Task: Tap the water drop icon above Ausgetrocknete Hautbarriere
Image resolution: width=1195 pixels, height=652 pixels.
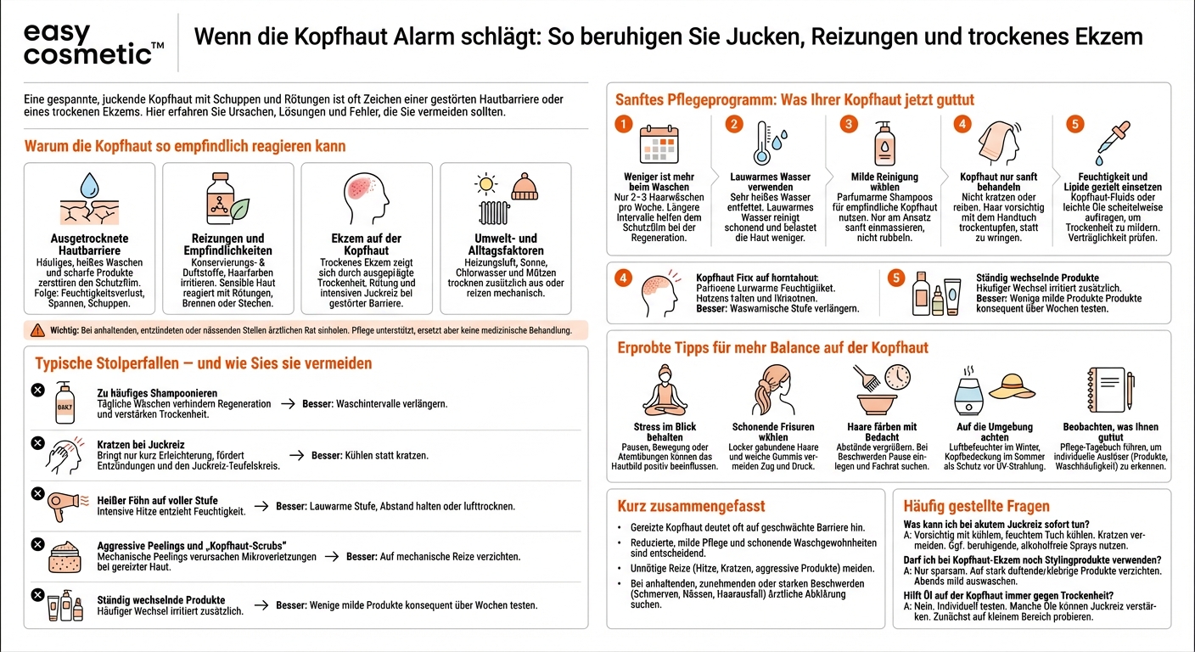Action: [x=89, y=185]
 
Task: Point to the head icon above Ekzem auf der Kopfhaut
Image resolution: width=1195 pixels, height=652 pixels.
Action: [x=366, y=196]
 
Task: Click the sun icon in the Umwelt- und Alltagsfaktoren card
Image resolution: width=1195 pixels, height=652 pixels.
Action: [x=486, y=183]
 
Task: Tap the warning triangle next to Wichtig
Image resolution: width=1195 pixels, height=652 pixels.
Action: [x=36, y=330]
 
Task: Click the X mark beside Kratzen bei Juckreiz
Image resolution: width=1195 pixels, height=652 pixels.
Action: [x=37, y=442]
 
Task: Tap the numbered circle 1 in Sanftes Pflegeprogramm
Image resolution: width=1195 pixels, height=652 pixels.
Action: [x=624, y=124]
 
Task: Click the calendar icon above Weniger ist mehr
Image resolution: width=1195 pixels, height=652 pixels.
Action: [x=658, y=143]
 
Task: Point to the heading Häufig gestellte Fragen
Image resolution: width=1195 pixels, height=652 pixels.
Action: [x=964, y=506]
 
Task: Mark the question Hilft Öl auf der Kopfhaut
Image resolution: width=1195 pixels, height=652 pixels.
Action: [x=1007, y=595]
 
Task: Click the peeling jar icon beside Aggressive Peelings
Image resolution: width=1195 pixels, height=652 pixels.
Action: [x=66, y=556]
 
